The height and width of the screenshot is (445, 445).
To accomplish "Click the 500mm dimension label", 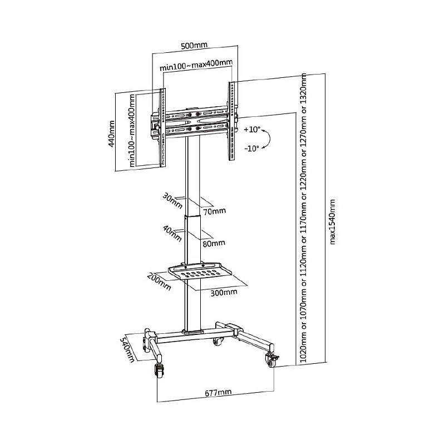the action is coord(194,45).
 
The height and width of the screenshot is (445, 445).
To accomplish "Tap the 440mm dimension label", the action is coord(112,133).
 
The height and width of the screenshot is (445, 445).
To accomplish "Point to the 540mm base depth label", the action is coord(127,349).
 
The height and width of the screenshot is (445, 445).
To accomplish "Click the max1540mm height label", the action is coord(332,221).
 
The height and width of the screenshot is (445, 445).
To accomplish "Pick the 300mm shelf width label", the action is coord(224,293).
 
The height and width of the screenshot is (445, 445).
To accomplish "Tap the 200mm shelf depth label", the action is coord(160,281).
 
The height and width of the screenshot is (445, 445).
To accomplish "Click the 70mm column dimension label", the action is coord(215,211).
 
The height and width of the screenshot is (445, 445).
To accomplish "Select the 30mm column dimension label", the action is coord(172,201).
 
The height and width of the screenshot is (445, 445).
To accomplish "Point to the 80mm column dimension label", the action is coord(214,243).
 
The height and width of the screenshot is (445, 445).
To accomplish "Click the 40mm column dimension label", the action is coord(172,233).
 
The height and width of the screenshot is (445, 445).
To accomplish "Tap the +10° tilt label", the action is coord(252,130).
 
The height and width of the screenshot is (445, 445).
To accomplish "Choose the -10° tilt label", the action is coord(252,148).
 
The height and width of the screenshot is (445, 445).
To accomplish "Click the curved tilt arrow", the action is coord(269,139).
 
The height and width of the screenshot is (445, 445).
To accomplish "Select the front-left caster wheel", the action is coord(159,371).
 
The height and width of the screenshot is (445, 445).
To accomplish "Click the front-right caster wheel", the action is coord(271,360).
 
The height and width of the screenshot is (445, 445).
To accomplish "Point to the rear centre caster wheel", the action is coord(217,342).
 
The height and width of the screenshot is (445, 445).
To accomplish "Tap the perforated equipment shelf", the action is coord(200,271).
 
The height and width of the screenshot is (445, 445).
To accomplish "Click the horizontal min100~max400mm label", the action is coord(196,65).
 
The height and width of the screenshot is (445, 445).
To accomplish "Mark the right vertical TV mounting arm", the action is coord(232,121).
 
